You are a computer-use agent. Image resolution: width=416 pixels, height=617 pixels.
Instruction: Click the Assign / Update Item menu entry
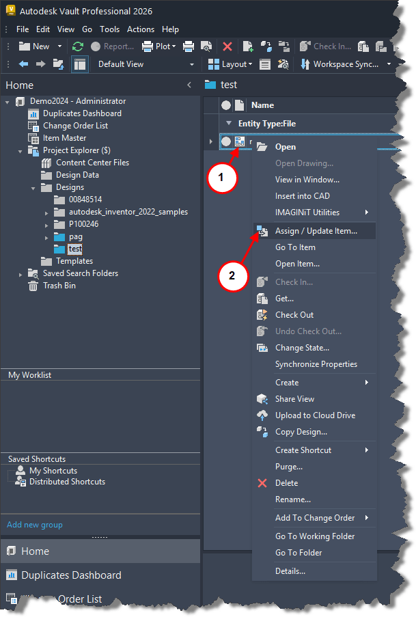316,231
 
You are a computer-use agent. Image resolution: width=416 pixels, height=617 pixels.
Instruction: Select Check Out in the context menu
294,315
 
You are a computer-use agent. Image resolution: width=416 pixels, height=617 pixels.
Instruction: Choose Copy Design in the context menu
301,432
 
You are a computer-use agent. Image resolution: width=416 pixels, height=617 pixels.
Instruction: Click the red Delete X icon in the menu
262,483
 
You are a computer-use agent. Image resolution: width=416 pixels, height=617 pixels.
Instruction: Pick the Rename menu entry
292,499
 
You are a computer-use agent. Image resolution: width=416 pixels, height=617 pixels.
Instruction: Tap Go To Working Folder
315,536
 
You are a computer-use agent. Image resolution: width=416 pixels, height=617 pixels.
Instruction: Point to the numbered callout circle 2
232,276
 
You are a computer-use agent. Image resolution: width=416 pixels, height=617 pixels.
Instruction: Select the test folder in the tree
75,249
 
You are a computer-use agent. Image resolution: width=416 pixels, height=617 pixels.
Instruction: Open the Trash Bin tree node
59,286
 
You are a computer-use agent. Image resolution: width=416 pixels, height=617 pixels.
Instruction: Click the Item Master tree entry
64,138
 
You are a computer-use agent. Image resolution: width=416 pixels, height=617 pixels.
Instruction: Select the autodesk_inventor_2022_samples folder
128,212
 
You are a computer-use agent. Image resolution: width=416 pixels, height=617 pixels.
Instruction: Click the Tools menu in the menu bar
109,29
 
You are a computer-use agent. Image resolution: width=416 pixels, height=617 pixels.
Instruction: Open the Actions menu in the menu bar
141,29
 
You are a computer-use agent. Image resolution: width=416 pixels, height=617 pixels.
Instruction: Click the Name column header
262,105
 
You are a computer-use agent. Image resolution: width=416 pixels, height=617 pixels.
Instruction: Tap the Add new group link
34,525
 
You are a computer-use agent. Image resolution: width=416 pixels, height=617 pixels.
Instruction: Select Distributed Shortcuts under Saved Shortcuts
67,482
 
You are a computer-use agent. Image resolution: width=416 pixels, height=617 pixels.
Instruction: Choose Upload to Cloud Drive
315,415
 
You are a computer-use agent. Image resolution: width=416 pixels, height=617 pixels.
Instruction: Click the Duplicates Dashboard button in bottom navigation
71,575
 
